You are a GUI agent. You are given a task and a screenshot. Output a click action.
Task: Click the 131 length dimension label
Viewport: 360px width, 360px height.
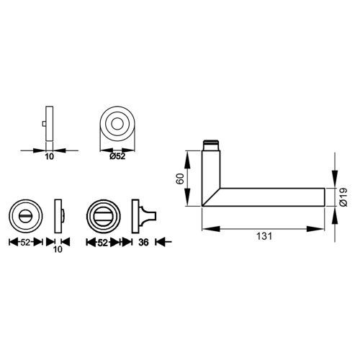[x=264, y=236]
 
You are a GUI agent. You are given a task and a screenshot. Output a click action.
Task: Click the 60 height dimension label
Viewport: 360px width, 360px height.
[x=180, y=179]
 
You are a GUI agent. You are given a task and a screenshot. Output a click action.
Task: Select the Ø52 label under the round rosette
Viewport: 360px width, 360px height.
[x=117, y=156]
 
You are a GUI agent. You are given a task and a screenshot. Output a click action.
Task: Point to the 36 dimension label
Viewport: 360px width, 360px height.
[x=143, y=243]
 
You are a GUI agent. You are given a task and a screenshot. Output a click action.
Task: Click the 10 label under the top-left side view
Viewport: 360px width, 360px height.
[x=50, y=157]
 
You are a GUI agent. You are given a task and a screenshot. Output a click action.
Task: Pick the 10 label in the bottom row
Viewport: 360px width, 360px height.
[x=58, y=249]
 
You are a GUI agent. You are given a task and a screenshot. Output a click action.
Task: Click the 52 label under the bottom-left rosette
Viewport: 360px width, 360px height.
[x=25, y=243]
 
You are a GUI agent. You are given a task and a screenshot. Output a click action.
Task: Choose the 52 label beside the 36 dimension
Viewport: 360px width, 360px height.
[x=103, y=243]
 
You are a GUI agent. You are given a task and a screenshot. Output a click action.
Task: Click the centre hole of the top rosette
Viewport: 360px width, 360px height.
[x=117, y=124]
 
